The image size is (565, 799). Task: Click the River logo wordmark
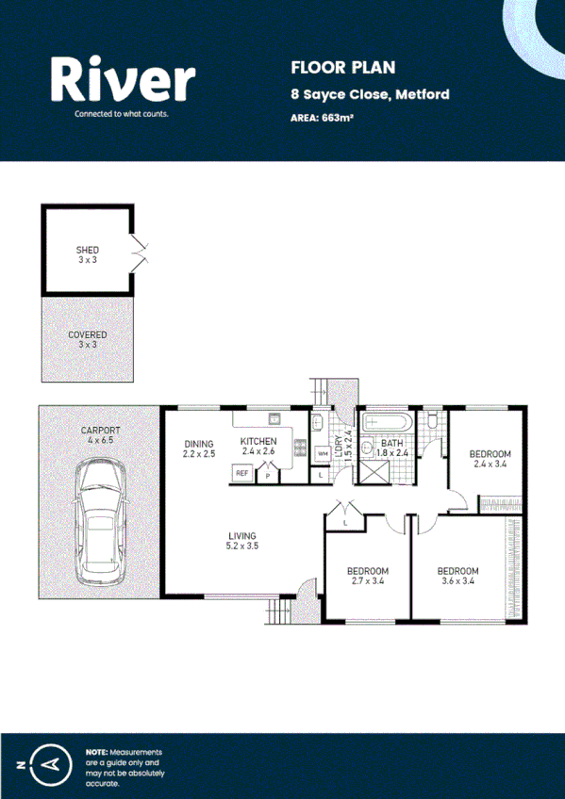click(124, 79)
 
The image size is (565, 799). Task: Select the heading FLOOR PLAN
click(329, 67)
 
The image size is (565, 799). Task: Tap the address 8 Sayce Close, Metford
click(370, 94)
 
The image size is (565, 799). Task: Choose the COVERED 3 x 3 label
click(87, 339)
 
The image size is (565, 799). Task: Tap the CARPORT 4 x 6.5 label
click(99, 434)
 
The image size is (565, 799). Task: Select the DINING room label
click(199, 448)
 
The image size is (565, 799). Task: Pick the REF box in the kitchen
click(241, 473)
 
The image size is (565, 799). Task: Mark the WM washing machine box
click(322, 453)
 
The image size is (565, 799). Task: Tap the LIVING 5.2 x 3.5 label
click(242, 540)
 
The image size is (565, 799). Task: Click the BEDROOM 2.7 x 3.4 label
click(367, 576)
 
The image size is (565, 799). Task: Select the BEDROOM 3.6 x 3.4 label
click(457, 576)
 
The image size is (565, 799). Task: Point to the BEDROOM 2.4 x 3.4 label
click(490, 458)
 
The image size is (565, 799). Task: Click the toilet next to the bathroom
click(432, 423)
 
